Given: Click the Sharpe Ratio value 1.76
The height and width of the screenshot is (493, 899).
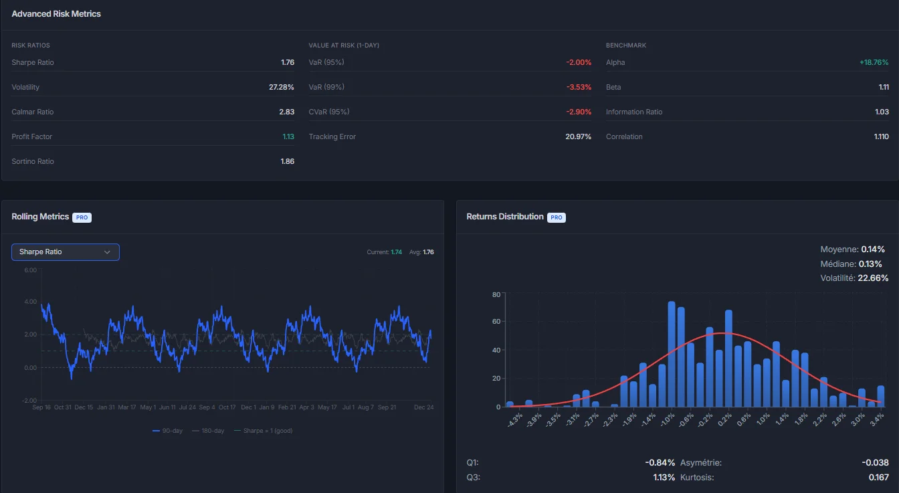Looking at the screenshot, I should click(x=287, y=62).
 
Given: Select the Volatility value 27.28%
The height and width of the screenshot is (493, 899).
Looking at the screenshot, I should click(x=281, y=87).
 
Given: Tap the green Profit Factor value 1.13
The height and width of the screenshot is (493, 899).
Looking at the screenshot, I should click(x=288, y=136).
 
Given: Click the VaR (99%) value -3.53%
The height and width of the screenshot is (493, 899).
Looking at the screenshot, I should click(x=579, y=87).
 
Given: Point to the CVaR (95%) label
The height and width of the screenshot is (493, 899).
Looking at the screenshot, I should click(x=328, y=112).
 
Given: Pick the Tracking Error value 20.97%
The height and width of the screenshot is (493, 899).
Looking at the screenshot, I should click(x=578, y=136).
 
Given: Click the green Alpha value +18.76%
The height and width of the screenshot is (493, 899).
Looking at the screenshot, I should click(x=874, y=62).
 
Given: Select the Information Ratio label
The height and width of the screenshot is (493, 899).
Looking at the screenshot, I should click(x=633, y=112).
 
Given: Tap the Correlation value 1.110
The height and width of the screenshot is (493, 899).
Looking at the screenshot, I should click(x=880, y=136).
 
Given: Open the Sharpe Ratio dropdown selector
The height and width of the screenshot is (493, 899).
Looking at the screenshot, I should click(x=66, y=252).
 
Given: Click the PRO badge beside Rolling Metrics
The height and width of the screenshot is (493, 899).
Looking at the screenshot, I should click(x=82, y=217).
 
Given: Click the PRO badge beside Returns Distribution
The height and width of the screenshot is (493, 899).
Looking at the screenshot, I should click(x=557, y=217).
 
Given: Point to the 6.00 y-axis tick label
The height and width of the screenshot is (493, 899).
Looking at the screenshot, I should click(x=30, y=270).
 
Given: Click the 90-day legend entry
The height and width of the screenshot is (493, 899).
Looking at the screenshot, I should click(x=168, y=431).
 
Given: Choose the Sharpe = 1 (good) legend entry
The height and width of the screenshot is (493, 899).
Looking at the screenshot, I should click(x=263, y=431).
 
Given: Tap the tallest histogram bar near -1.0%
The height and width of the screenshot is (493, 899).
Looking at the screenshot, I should click(x=672, y=355).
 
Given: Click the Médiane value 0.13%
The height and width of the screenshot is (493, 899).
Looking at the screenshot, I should click(x=870, y=264).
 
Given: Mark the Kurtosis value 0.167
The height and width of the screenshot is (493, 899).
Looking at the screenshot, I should click(x=878, y=478).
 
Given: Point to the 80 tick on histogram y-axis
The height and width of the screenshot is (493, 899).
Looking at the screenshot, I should click(x=496, y=294).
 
